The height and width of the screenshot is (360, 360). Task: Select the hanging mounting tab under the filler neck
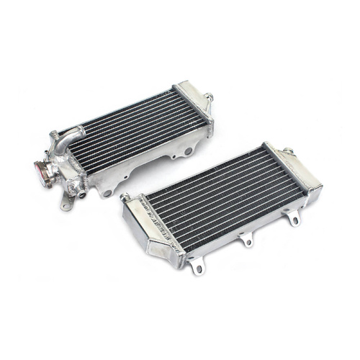pos(66,204)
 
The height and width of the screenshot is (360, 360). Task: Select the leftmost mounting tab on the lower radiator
pos(195,268)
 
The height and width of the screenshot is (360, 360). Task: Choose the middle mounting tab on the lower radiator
pos(246,240)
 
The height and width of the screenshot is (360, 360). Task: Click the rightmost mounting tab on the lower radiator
pos(294,217)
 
